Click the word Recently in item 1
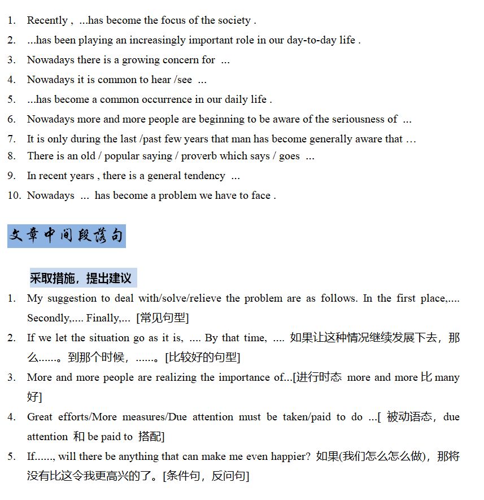point(47,20)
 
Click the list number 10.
point(14,195)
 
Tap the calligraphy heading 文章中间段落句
point(66,236)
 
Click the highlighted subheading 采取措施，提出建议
point(81,278)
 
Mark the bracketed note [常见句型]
point(163,318)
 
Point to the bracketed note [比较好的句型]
point(203,358)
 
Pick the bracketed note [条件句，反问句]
point(206,476)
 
